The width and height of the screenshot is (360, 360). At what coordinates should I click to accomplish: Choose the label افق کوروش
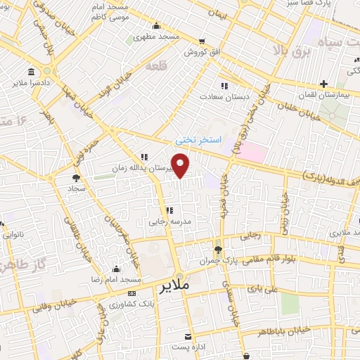[202, 52]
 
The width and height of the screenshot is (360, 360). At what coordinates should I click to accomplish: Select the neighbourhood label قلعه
[153, 65]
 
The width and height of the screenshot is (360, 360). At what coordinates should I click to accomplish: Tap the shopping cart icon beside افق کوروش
[202, 41]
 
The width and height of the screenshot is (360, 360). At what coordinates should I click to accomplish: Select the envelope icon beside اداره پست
[187, 335]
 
